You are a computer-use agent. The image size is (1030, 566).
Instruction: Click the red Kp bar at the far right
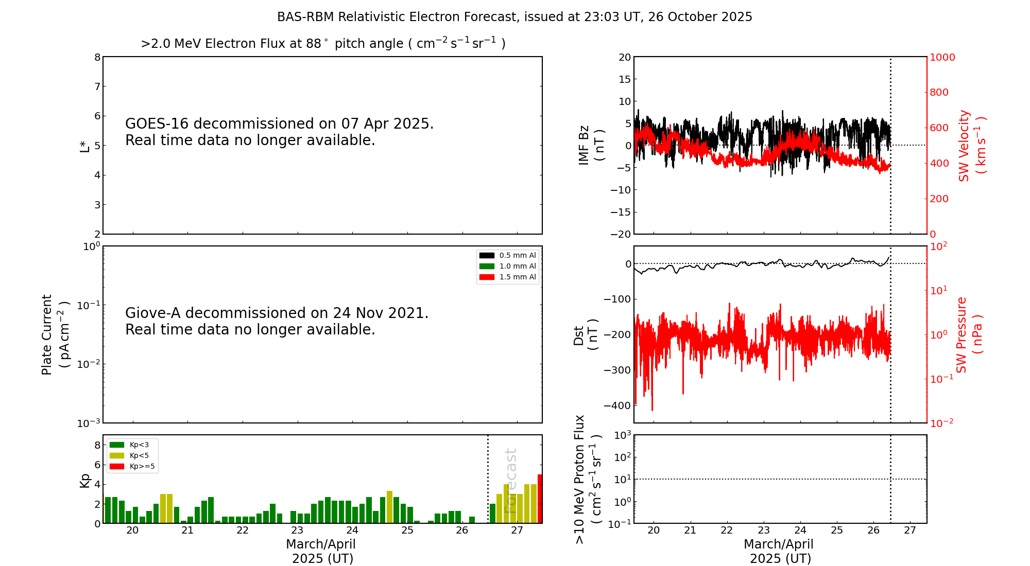point(540,499)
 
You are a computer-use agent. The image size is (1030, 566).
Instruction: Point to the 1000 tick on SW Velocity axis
point(942,57)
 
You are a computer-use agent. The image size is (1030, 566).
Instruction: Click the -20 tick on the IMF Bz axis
point(621,234)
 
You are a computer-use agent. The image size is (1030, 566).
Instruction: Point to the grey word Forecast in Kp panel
point(510,481)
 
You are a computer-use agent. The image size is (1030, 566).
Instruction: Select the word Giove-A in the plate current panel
point(153,313)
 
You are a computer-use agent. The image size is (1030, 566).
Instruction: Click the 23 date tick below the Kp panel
point(297,530)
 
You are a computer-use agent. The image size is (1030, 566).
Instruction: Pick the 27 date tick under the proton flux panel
point(910,530)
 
